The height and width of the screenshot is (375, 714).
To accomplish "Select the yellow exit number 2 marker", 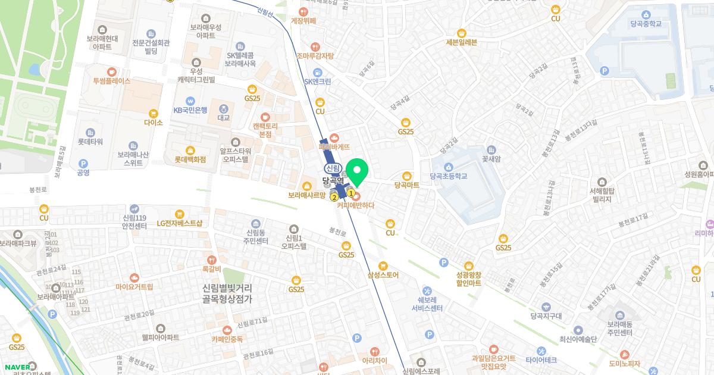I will click(x=334, y=197).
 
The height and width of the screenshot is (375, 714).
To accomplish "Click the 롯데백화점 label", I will click(x=190, y=160).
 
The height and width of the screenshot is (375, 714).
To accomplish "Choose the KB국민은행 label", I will click(x=190, y=110).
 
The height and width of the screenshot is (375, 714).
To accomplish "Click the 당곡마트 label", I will click(x=406, y=185).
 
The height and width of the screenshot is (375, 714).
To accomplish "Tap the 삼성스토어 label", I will click(x=383, y=275).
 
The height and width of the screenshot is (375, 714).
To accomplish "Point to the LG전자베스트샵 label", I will click(x=180, y=223).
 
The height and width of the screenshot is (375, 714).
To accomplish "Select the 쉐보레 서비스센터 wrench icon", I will click(x=427, y=290).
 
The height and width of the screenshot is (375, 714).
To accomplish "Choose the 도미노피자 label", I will click(x=624, y=364).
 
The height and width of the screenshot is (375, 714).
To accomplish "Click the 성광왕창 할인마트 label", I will click(x=468, y=279).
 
